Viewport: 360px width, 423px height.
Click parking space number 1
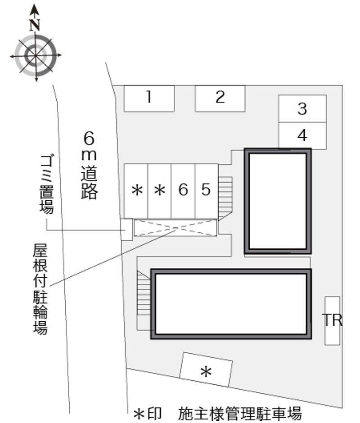pos(149,99)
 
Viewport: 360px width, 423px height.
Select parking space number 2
pos(220,99)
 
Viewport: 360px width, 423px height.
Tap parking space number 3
pos(302,108)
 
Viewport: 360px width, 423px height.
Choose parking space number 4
pos(302,135)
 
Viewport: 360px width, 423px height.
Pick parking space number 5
pos(207,191)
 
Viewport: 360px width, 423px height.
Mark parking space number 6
pos(183,191)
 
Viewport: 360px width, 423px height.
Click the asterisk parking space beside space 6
pos(159,191)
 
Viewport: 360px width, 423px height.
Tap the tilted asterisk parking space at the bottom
pos(206,369)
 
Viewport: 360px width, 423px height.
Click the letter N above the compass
pos(35,25)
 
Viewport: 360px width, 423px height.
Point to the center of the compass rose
pos(36,55)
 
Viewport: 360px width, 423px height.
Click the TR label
pos(332,320)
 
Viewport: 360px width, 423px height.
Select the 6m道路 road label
pos(90,165)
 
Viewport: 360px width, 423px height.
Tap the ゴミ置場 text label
pos(47,184)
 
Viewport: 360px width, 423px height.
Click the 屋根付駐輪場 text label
pos(40,289)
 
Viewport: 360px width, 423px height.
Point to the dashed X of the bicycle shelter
pos(175,228)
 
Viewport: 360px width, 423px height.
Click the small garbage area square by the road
pos(126,229)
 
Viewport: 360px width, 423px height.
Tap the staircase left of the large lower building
pos(144,292)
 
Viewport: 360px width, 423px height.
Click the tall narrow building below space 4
pos(278,201)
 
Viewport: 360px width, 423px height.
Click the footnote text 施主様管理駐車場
pos(240,413)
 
